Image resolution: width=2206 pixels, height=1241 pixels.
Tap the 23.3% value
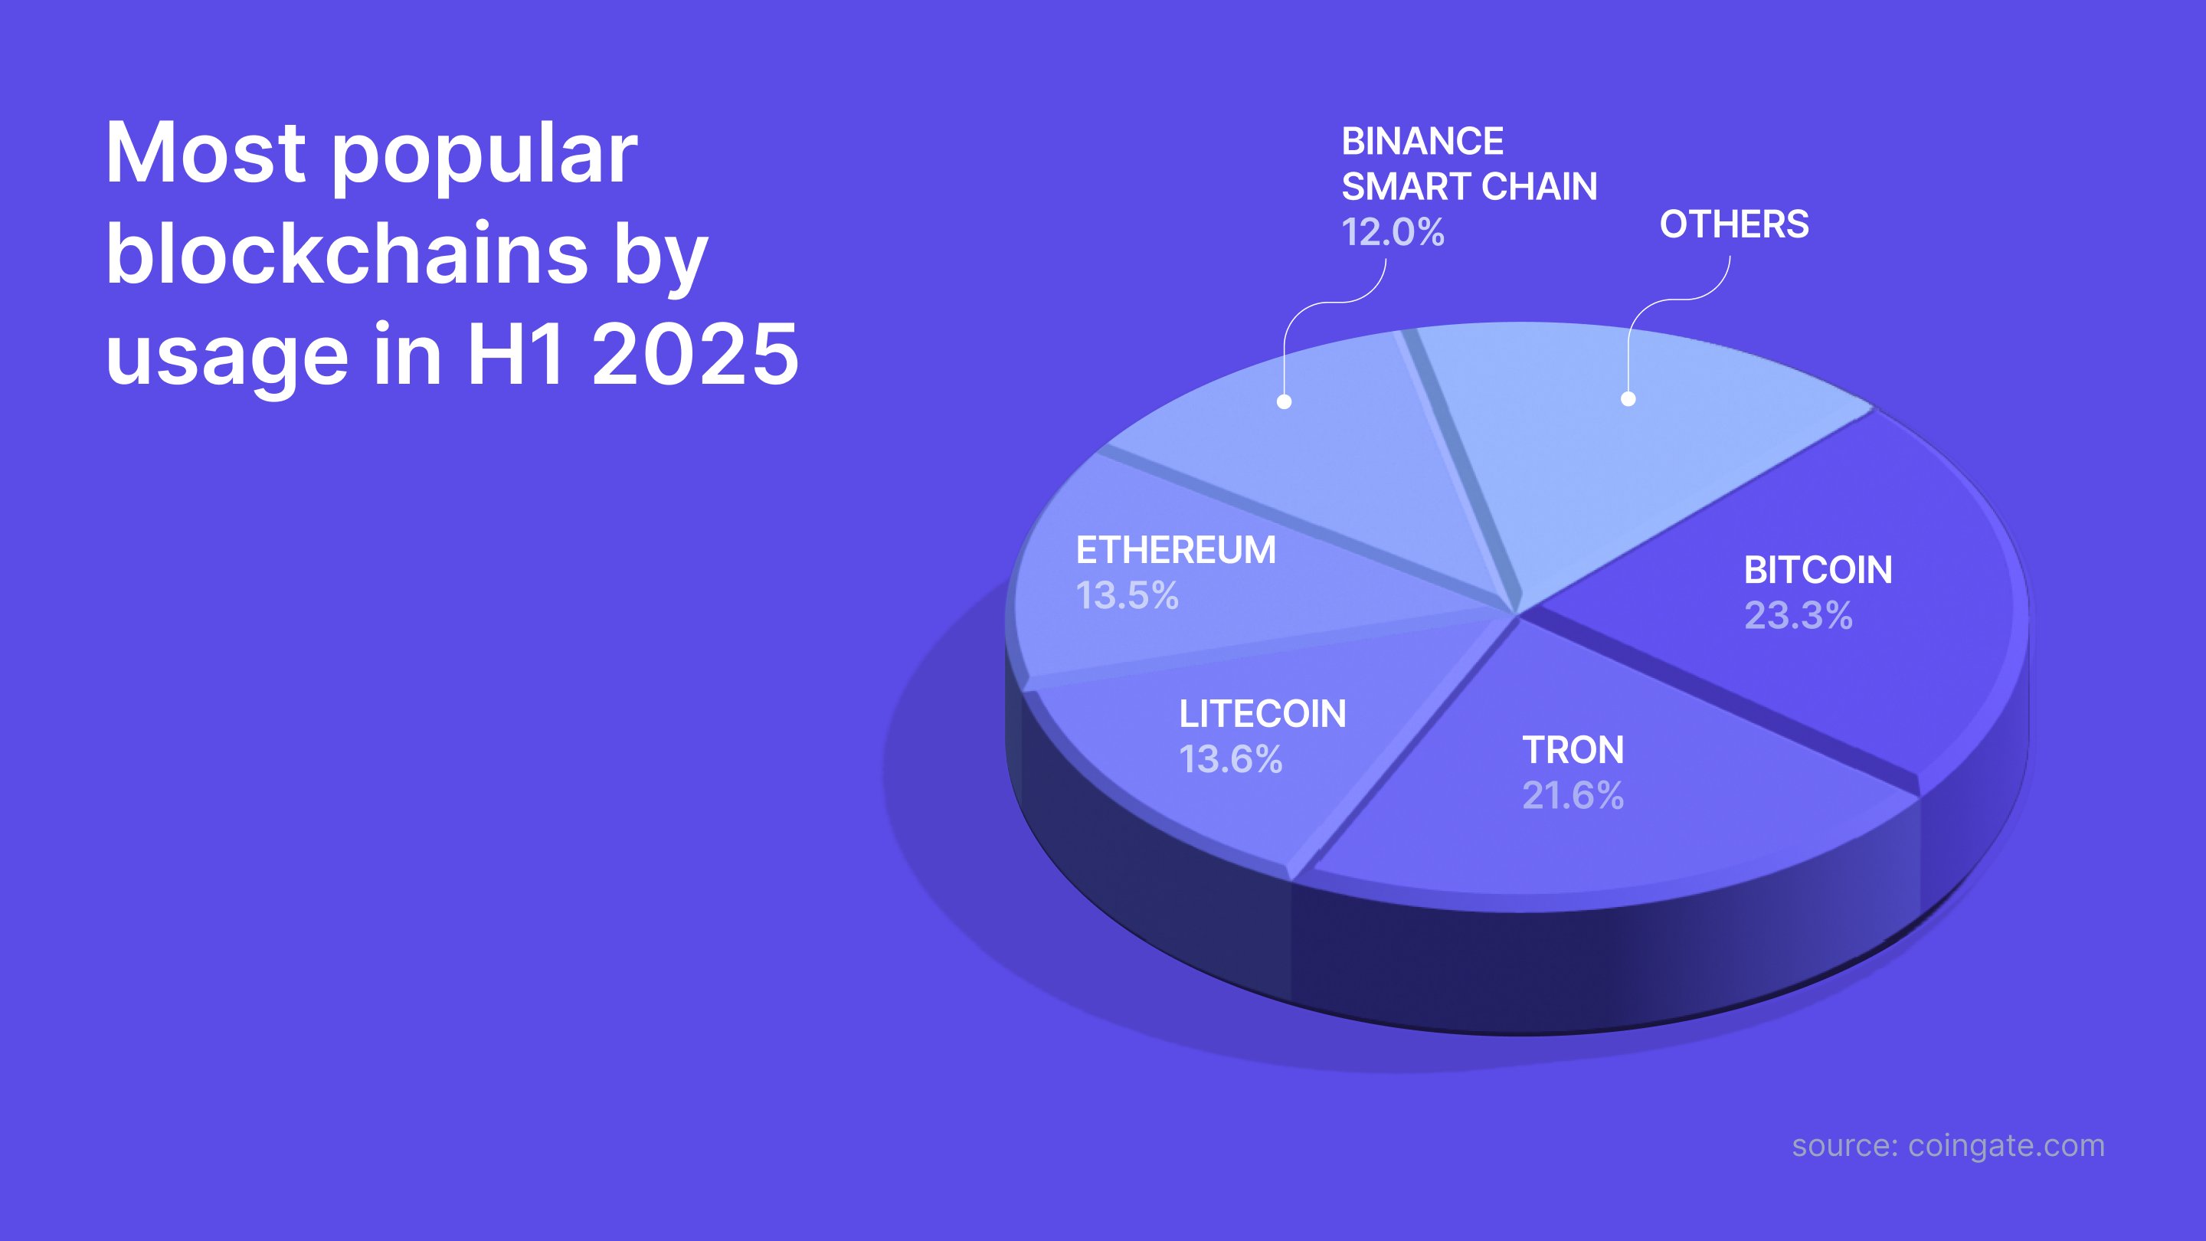pyautogui.click(x=1799, y=616)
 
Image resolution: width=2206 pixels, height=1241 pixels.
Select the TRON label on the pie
pyautogui.click(x=1573, y=750)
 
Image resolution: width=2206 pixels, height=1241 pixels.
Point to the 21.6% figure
pyautogui.click(x=1573, y=796)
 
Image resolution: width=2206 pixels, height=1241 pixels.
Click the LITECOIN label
pyautogui.click(x=1262, y=714)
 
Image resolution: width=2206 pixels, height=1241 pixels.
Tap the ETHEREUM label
pyautogui.click(x=1176, y=551)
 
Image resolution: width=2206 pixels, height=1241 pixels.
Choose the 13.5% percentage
pyautogui.click(x=1127, y=596)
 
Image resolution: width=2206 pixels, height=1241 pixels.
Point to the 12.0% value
pyautogui.click(x=1393, y=232)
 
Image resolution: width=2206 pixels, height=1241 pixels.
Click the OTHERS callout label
pyautogui.click(x=1734, y=224)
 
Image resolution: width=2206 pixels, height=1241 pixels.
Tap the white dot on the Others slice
pyautogui.click(x=1628, y=398)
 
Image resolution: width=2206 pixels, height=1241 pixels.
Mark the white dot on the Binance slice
pyautogui.click(x=1284, y=401)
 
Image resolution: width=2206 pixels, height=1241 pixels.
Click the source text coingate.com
pyautogui.click(x=2005, y=1146)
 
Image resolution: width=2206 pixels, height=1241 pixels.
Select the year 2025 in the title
pyautogui.click(x=695, y=354)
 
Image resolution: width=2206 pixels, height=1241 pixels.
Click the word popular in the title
pyautogui.click(x=484, y=156)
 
